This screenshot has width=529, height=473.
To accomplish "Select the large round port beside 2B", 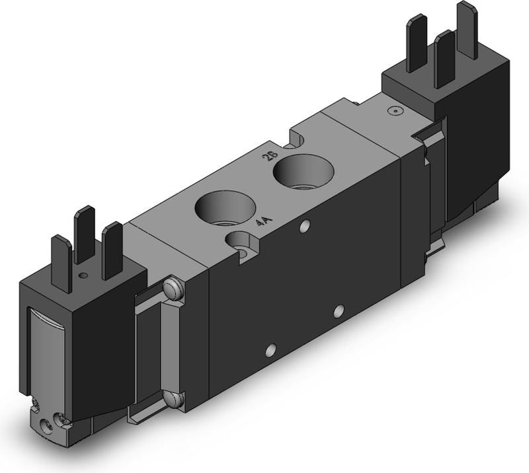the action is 304,172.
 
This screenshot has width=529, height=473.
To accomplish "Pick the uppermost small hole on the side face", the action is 305,227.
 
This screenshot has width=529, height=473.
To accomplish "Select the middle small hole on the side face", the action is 339,311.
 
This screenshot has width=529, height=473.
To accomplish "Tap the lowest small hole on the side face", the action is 270,350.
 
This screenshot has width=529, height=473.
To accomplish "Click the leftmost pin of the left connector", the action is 61,264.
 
